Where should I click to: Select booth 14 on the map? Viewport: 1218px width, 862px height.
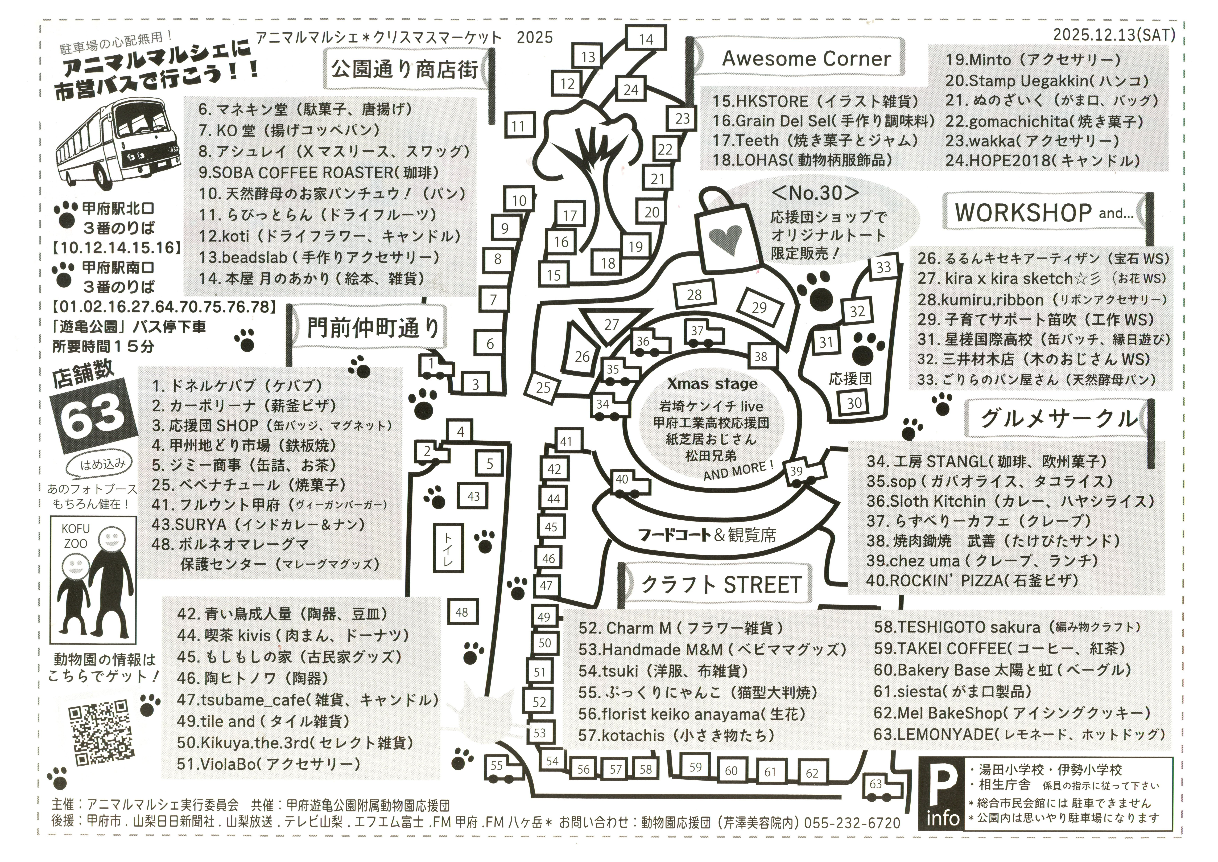(645, 39)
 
